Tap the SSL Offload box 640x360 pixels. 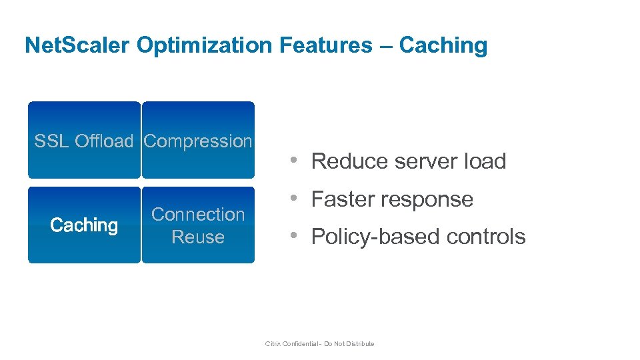coord(84,141)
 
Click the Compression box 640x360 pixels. coord(198,141)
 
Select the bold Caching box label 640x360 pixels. coord(84,225)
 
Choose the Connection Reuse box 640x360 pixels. coord(198,225)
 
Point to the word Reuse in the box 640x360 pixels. coord(198,237)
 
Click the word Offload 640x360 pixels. coord(104,141)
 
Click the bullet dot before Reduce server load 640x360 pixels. coord(293,161)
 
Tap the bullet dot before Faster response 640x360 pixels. coord(293,199)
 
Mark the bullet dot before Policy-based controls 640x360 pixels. coord(293,236)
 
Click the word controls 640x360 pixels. coord(487,237)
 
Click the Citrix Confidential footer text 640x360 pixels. coord(320,344)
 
